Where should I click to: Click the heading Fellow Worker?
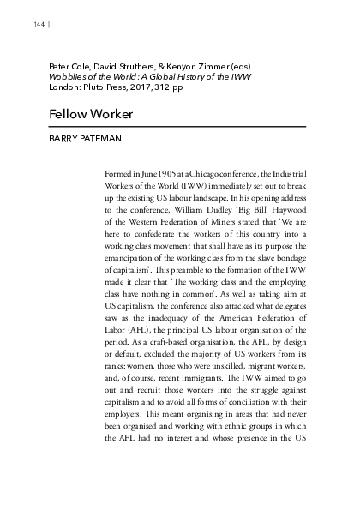point(83,114)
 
